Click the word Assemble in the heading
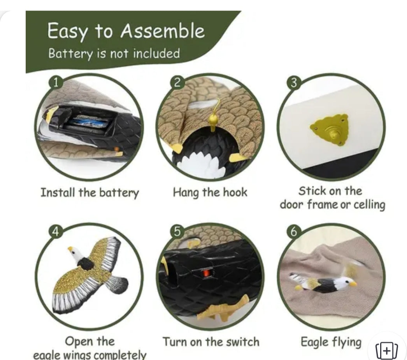click(x=163, y=31)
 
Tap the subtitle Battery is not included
click(x=114, y=53)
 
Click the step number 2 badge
click(x=177, y=82)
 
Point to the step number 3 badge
click(x=293, y=83)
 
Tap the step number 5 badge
click(x=177, y=231)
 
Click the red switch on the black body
click(x=206, y=273)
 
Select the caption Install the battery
click(x=90, y=193)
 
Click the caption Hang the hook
click(x=210, y=193)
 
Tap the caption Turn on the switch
click(x=211, y=342)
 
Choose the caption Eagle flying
click(x=331, y=342)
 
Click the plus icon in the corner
click(x=387, y=351)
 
